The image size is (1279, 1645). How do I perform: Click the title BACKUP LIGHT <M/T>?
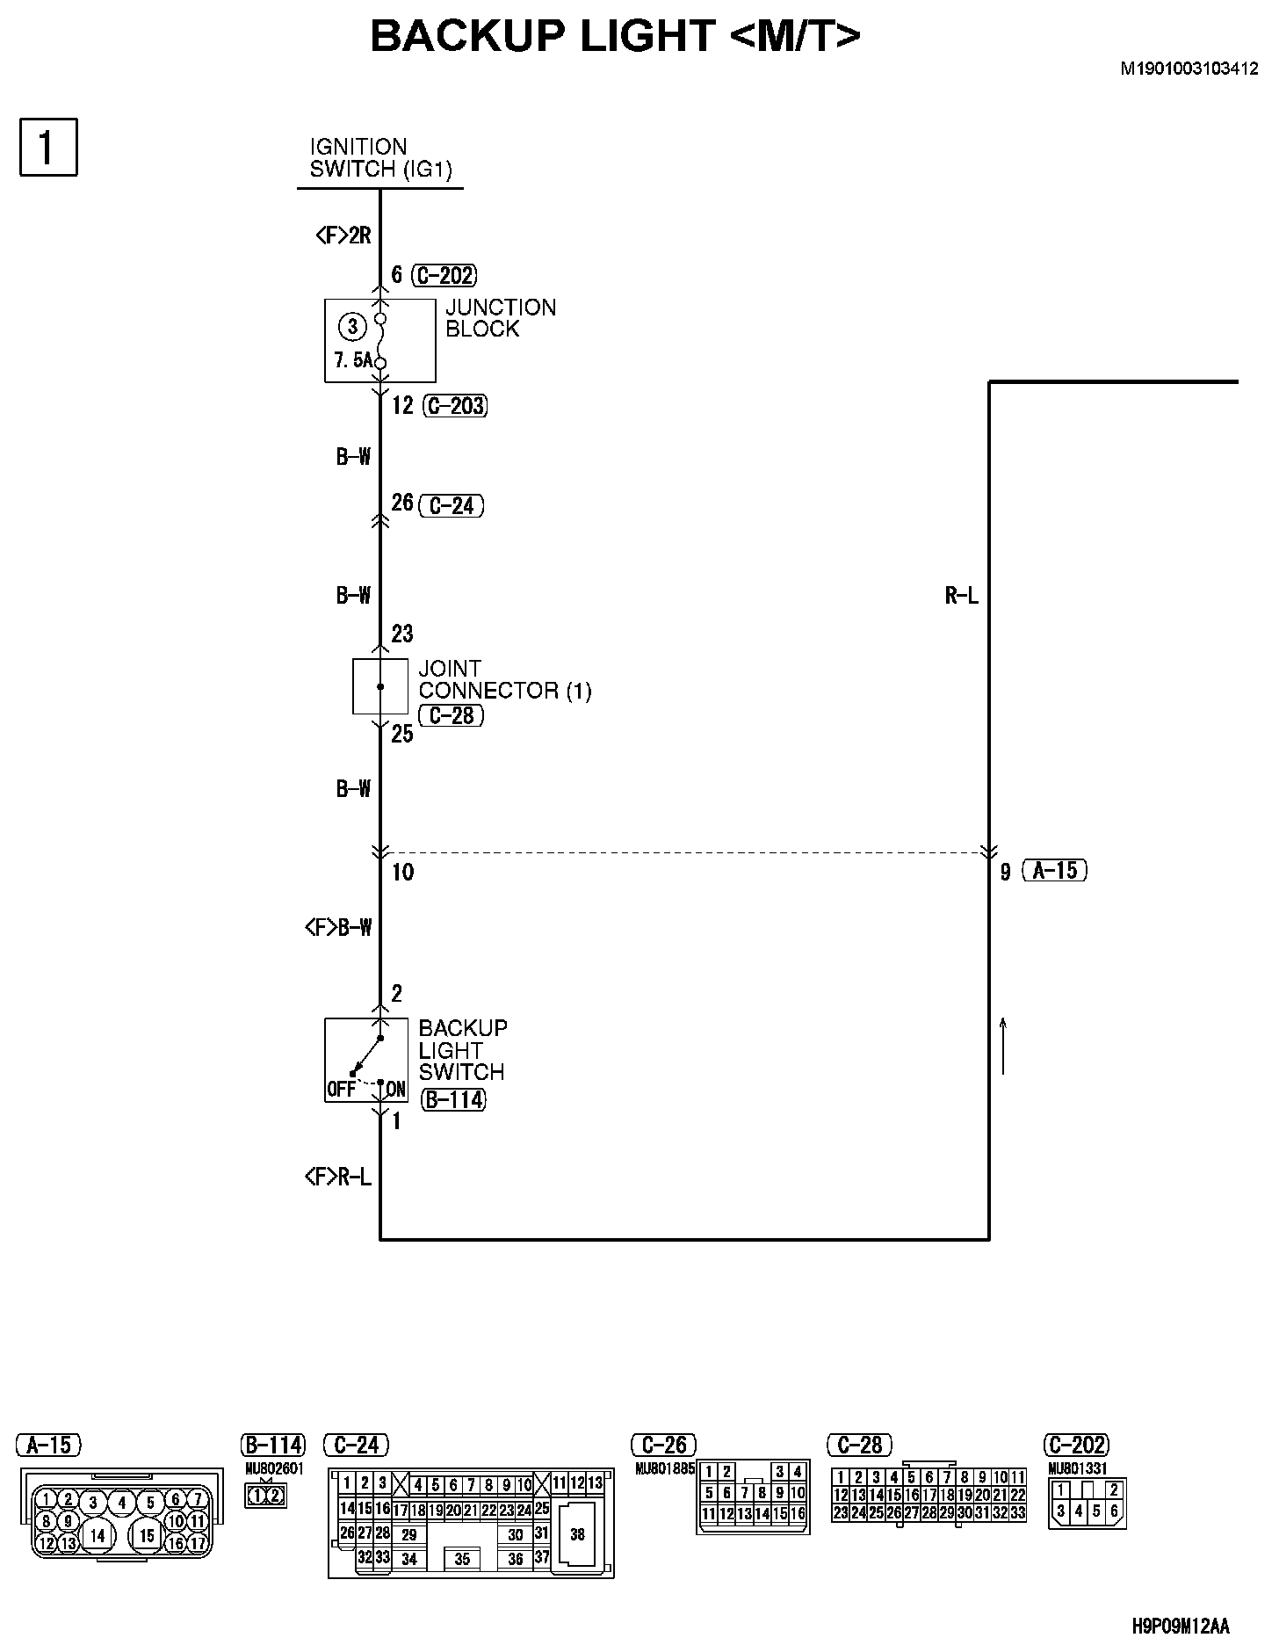(615, 37)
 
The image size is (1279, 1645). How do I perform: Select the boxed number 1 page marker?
(48, 148)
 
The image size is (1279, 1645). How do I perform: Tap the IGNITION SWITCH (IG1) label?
(380, 158)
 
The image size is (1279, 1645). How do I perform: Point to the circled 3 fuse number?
(352, 327)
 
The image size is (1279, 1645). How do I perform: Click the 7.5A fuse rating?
(352, 360)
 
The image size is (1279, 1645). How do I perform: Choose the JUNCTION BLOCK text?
(500, 318)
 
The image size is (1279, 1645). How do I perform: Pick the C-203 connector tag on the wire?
(455, 406)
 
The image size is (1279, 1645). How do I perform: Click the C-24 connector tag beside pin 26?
(452, 505)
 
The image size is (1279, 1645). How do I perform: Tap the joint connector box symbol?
(380, 686)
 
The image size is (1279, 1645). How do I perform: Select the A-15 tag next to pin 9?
(1055, 870)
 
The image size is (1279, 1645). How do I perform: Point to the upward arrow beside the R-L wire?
(1002, 1046)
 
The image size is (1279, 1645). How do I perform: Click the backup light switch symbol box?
(366, 1060)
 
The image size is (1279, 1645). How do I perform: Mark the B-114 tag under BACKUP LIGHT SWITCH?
(453, 1099)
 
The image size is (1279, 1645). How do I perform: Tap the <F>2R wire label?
(343, 236)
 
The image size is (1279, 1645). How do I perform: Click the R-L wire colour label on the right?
(961, 596)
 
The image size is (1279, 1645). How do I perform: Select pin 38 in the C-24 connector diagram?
(576, 1534)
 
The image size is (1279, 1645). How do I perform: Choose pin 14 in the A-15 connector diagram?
(98, 1534)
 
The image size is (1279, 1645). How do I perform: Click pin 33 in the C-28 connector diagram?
(1018, 1512)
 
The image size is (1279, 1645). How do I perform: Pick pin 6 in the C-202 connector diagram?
(1114, 1511)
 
